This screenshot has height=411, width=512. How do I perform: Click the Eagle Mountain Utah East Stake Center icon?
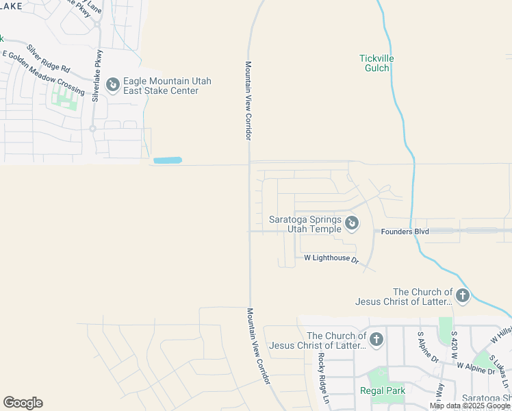[112, 86]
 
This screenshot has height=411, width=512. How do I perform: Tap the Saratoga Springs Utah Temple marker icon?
[351, 223]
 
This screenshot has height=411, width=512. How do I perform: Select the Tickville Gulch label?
[374, 63]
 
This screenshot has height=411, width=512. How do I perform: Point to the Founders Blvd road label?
[405, 232]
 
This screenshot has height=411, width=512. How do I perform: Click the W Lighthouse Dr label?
[332, 259]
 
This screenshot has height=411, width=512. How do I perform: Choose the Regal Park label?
[383, 391]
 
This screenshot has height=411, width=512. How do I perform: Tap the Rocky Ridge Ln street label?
[323, 377]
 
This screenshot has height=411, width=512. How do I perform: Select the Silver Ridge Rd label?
[48, 59]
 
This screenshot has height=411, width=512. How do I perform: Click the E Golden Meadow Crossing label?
[44, 73]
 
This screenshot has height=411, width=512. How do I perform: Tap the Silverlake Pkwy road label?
[98, 75]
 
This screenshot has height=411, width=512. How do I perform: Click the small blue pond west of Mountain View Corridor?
[167, 160]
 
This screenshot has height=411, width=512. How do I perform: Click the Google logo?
[23, 403]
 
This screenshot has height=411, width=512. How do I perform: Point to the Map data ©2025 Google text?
[470, 406]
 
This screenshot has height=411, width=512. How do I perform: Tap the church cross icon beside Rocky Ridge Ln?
[376, 339]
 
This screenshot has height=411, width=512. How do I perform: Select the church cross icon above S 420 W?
[463, 296]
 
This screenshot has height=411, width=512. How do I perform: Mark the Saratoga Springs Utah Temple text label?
[305, 224]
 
